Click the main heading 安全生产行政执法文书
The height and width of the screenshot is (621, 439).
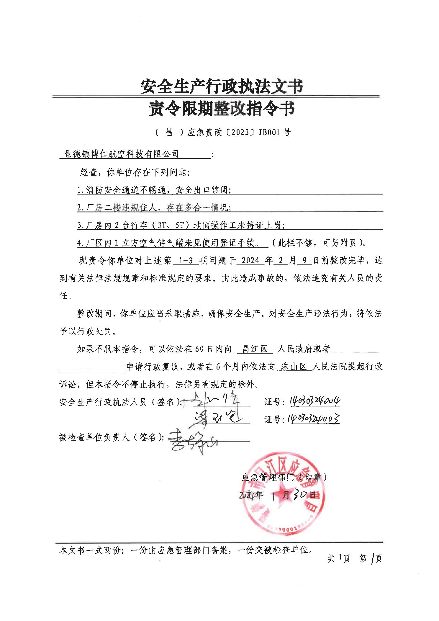(x=222, y=86)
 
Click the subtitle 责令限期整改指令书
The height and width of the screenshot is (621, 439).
(x=222, y=109)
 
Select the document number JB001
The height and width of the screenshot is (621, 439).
(x=269, y=132)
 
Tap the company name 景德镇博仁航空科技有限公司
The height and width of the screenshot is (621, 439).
(x=122, y=154)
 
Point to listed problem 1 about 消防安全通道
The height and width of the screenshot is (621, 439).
(x=154, y=190)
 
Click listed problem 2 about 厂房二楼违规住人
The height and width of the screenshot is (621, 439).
(x=154, y=207)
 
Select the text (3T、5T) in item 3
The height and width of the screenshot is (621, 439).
(x=171, y=225)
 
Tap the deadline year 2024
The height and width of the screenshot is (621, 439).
(x=250, y=261)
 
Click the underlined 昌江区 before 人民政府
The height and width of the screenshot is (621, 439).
(x=254, y=349)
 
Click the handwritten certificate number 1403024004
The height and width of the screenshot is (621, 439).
(x=314, y=401)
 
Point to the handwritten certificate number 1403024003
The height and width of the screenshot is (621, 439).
(x=314, y=419)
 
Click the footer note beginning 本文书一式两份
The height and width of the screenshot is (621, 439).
(x=186, y=550)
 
